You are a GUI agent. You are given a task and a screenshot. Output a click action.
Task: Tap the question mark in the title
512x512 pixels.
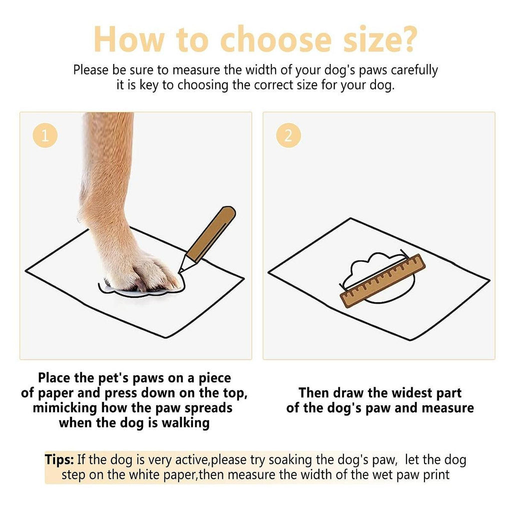click(x=407, y=38)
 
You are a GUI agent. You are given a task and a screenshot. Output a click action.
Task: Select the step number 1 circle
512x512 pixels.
click(x=45, y=135)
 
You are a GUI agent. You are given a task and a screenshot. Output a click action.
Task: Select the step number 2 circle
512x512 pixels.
click(x=288, y=135)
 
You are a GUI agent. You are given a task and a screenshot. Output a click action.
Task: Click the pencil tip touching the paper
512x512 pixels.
click(x=179, y=271)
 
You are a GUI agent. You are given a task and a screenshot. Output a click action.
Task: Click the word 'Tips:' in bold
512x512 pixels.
click(x=59, y=459)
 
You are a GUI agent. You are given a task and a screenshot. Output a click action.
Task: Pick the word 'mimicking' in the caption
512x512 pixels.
click(x=65, y=408)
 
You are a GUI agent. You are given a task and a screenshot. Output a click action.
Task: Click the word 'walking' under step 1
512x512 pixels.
click(x=185, y=423)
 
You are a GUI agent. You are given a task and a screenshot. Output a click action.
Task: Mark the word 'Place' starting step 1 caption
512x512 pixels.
click(x=54, y=378)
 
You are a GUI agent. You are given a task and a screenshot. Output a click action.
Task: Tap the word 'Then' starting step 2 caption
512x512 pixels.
click(x=313, y=393)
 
